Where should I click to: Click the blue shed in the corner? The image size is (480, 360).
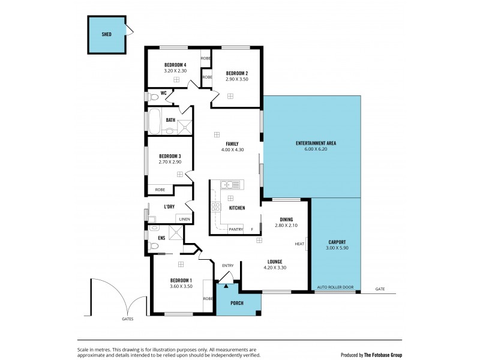click(107, 34)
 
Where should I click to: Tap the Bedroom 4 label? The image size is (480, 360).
click(176, 64)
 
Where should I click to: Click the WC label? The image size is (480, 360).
click(163, 93)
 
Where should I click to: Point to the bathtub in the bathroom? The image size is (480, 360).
click(154, 121)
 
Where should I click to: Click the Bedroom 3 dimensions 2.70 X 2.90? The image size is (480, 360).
click(170, 162)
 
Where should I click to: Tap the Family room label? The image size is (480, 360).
click(232, 144)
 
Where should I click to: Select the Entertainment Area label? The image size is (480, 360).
click(316, 143)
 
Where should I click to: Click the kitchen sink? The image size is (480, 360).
click(230, 184)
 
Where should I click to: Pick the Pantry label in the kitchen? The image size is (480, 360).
click(236, 229)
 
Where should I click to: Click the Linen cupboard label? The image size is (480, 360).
click(184, 220)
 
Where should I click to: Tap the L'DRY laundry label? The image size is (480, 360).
click(169, 207)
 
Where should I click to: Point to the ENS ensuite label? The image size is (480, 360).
click(161, 238)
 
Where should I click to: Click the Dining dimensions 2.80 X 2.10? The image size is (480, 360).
click(286, 226)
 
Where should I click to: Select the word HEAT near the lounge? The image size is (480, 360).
click(299, 244)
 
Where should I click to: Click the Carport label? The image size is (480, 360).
click(336, 241)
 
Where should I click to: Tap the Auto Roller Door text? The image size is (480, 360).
click(335, 288)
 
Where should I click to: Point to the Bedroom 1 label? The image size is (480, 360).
click(181, 281)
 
